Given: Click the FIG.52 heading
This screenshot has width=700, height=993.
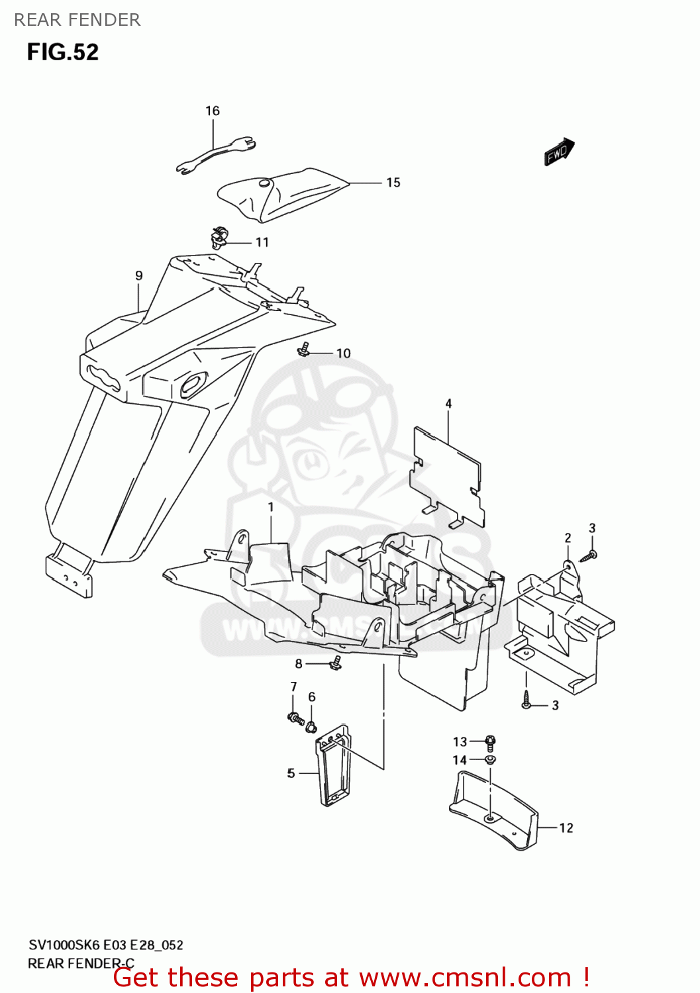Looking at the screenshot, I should click(63, 52).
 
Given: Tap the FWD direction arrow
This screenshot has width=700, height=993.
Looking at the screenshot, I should click(558, 152).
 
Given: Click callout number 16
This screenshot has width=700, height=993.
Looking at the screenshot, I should click(213, 111).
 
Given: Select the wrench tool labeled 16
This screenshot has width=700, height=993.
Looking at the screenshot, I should click(216, 156).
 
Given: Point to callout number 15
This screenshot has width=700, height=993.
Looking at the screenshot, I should click(393, 183).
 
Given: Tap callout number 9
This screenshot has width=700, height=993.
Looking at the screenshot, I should click(139, 276).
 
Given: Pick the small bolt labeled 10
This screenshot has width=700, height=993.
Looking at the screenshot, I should click(305, 349).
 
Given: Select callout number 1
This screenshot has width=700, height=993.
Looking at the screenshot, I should click(271, 507).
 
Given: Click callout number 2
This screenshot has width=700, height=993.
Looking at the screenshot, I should click(568, 538).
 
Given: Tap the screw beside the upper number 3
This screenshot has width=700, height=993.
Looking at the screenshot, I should click(587, 556).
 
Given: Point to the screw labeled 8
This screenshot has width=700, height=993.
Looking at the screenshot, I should click(336, 663).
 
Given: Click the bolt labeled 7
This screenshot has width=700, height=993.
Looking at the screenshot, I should click(295, 717).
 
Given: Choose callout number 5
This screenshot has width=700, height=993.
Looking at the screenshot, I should click(291, 773).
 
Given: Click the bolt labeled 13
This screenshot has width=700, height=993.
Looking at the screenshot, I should click(491, 741).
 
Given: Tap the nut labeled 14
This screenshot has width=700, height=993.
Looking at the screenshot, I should click(491, 760).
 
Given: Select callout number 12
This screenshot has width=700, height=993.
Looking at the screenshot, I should click(566, 828).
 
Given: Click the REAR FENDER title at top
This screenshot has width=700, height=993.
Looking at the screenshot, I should click(77, 20).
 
